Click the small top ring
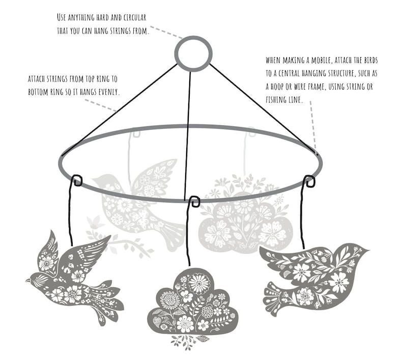193,53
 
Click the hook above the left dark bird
76,180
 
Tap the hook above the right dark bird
309,180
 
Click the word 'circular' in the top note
155,17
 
